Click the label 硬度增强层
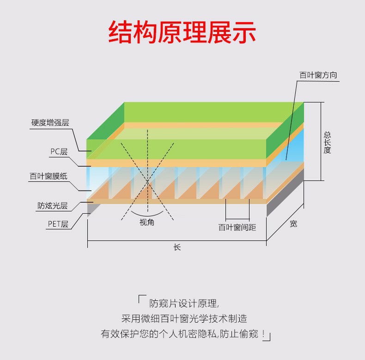click(50, 123)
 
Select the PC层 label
click(59, 151)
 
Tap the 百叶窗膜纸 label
click(48, 176)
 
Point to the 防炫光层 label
click(53, 206)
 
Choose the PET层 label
click(58, 224)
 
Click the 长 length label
click(177, 247)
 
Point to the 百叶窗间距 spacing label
click(237, 227)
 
